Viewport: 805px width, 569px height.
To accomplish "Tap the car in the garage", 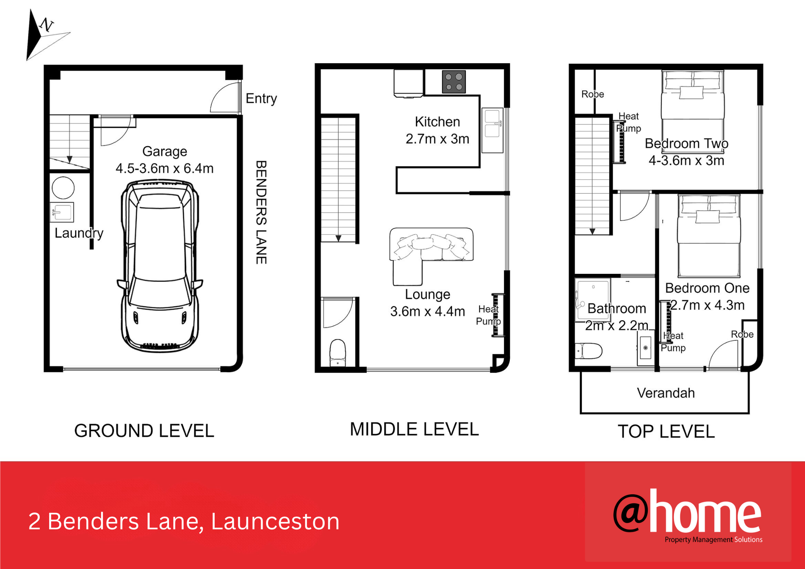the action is pos(160,266).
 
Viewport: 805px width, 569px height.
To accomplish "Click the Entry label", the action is pos(261,98).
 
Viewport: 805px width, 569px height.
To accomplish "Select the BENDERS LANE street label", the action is pos(261,212).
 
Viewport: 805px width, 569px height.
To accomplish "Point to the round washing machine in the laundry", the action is pos(63,188).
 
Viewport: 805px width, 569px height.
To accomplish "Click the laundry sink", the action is pos(62,213).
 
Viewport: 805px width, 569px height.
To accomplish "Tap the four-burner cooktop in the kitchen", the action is pos(454,82).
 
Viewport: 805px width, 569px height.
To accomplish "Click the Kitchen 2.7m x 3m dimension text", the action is pos(437,130).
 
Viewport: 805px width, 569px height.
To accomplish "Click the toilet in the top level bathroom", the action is pos(588,351).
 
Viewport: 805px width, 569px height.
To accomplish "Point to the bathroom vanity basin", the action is pos(645,348).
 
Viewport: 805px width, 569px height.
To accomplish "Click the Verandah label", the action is pos(666,393).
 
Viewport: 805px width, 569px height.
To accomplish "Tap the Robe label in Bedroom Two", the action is pos(593,94).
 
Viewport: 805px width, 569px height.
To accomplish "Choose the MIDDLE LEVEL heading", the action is pos(414,429).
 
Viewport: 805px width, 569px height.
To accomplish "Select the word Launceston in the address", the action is pos(275,521).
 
